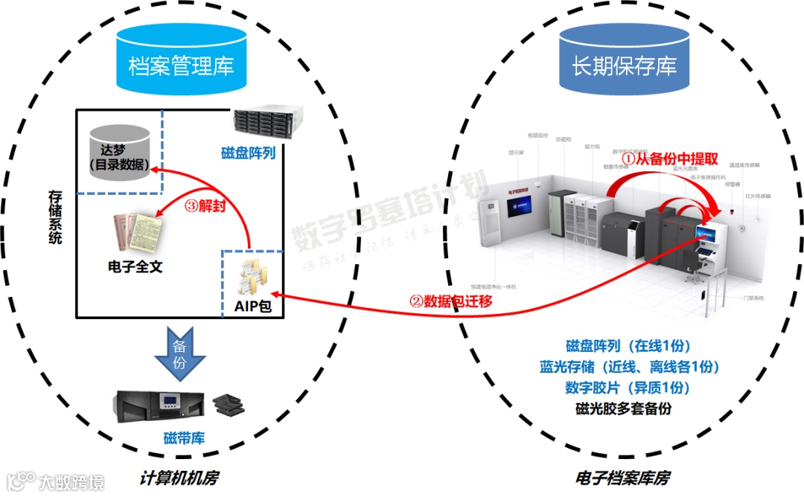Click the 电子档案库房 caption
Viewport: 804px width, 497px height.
625,477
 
